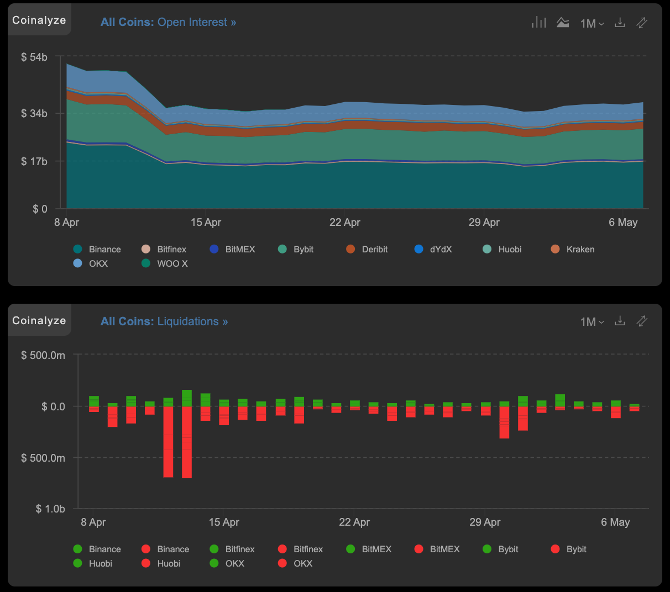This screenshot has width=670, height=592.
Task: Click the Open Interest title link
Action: point(168,22)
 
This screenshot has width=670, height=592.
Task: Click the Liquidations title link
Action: point(164,321)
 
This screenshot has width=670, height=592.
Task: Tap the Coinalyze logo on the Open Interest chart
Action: point(39,20)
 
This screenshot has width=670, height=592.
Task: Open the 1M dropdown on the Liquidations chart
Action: point(592,321)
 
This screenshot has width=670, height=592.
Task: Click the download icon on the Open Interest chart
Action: point(620,23)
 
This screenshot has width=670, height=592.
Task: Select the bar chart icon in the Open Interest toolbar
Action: point(538,23)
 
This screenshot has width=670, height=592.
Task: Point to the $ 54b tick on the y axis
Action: point(34,57)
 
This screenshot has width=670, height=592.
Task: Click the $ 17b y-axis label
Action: point(34,161)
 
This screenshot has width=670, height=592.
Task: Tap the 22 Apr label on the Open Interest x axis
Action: point(344,222)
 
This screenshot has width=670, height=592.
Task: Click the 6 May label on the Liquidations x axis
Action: point(615,522)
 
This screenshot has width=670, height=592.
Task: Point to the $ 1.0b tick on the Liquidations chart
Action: point(50,509)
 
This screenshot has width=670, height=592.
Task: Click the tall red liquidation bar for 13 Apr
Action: point(187,442)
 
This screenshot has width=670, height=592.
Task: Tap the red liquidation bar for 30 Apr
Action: point(504,422)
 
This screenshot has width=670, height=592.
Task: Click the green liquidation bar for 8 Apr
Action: point(94,401)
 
